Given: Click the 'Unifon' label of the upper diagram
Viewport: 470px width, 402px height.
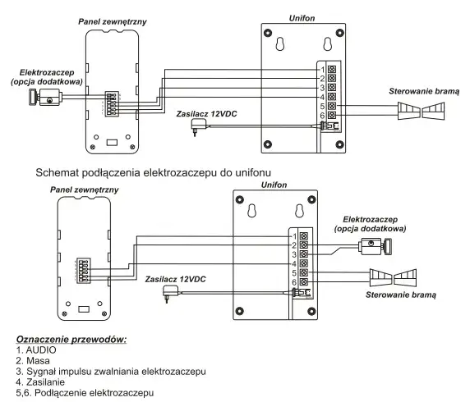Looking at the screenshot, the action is click(x=302, y=18).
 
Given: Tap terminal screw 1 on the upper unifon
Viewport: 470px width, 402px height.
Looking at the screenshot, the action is click(x=331, y=70).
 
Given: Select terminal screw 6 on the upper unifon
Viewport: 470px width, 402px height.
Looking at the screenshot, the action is click(x=331, y=115).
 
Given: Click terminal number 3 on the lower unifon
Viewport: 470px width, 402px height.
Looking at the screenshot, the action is click(x=294, y=254).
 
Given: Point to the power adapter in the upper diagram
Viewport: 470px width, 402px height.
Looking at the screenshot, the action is click(x=199, y=126).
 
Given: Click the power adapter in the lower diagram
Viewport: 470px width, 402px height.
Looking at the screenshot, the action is click(x=171, y=293).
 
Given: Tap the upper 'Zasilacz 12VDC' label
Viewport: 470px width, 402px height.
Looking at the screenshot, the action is click(x=206, y=114).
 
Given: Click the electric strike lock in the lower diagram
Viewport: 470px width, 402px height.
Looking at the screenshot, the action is click(x=376, y=246).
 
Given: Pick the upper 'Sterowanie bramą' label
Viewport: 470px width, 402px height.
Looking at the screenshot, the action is click(x=424, y=91).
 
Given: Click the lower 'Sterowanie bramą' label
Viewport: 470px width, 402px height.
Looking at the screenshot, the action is click(x=401, y=295).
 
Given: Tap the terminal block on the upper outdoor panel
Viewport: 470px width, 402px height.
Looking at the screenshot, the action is click(x=112, y=104).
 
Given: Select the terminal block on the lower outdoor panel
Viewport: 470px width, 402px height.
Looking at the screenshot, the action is click(x=84, y=271).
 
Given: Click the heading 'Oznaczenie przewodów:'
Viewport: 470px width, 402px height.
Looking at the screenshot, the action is click(x=71, y=340).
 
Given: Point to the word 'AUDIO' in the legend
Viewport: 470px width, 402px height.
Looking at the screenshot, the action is click(x=41, y=350).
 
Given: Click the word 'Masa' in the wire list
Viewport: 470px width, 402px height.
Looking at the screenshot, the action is click(x=38, y=361).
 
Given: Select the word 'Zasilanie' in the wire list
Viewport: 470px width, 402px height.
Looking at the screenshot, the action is click(x=45, y=382).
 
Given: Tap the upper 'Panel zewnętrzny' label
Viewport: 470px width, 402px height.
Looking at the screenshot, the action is click(x=113, y=22).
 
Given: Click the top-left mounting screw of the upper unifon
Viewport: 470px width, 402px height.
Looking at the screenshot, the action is click(x=268, y=32).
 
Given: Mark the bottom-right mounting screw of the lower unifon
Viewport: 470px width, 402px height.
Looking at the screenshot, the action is click(x=311, y=311).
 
